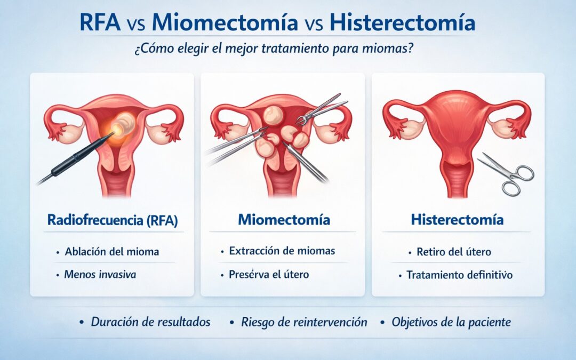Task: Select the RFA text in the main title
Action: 100,22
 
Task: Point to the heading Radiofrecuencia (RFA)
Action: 113,220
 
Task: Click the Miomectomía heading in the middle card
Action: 284,220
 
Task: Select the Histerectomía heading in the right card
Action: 457,220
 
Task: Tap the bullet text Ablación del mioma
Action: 111,252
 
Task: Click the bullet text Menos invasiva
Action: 100,275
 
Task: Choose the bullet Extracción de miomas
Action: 282,251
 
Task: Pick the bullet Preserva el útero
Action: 268,275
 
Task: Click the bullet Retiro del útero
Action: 454,252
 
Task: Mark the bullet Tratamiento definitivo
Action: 459,275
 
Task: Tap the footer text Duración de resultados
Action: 150,322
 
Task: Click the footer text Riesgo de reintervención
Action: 304,322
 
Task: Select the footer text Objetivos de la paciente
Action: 451,322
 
